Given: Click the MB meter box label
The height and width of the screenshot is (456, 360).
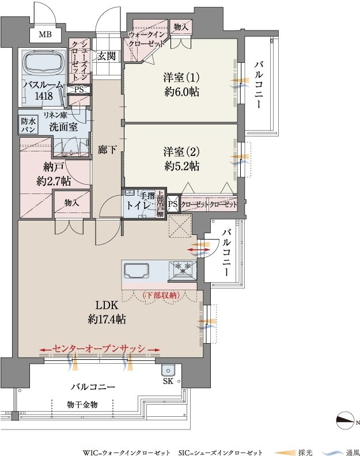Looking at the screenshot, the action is click(x=46, y=35).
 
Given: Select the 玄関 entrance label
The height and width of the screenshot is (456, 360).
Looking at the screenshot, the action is click(x=107, y=56).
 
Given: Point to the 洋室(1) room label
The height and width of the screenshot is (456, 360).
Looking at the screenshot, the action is click(x=181, y=78).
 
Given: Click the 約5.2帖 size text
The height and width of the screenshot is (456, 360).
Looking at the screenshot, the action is click(x=181, y=166).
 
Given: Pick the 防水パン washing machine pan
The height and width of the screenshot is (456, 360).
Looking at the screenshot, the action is click(x=28, y=125).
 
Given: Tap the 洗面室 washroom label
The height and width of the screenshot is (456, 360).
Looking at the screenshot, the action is click(x=63, y=127).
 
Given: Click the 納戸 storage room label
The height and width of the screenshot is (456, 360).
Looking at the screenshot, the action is click(x=53, y=168).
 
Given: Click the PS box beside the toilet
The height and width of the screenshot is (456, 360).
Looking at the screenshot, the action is click(x=173, y=204).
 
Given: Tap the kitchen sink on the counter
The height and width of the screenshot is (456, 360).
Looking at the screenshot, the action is click(x=137, y=271).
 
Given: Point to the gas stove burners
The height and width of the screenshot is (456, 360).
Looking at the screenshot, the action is click(x=183, y=268).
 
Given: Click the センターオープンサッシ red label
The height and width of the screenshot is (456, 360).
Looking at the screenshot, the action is click(x=99, y=349).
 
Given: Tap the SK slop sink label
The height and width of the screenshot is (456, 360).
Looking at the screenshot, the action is click(x=168, y=381).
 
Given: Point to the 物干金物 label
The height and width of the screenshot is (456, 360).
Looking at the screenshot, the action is click(x=82, y=404).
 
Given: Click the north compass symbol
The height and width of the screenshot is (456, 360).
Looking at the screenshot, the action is click(x=346, y=420).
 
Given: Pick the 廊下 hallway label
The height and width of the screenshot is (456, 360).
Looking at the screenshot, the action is click(x=107, y=150).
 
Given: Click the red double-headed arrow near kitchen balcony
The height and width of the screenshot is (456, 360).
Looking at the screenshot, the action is click(x=199, y=250).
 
